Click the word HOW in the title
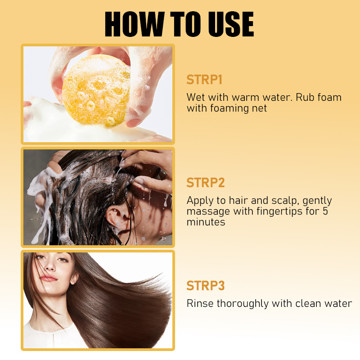click(x=135, y=24)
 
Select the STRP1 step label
click(x=204, y=80)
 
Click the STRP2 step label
click(x=206, y=183)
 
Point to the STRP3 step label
click(x=206, y=286)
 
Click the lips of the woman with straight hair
click(x=49, y=279)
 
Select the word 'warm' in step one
click(x=245, y=97)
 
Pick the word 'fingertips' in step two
click(x=279, y=211)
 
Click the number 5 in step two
click(x=325, y=211)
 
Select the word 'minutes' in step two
click(x=206, y=222)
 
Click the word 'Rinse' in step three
click(x=200, y=303)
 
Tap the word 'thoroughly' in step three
click(x=243, y=304)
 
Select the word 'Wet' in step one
click(x=195, y=97)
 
